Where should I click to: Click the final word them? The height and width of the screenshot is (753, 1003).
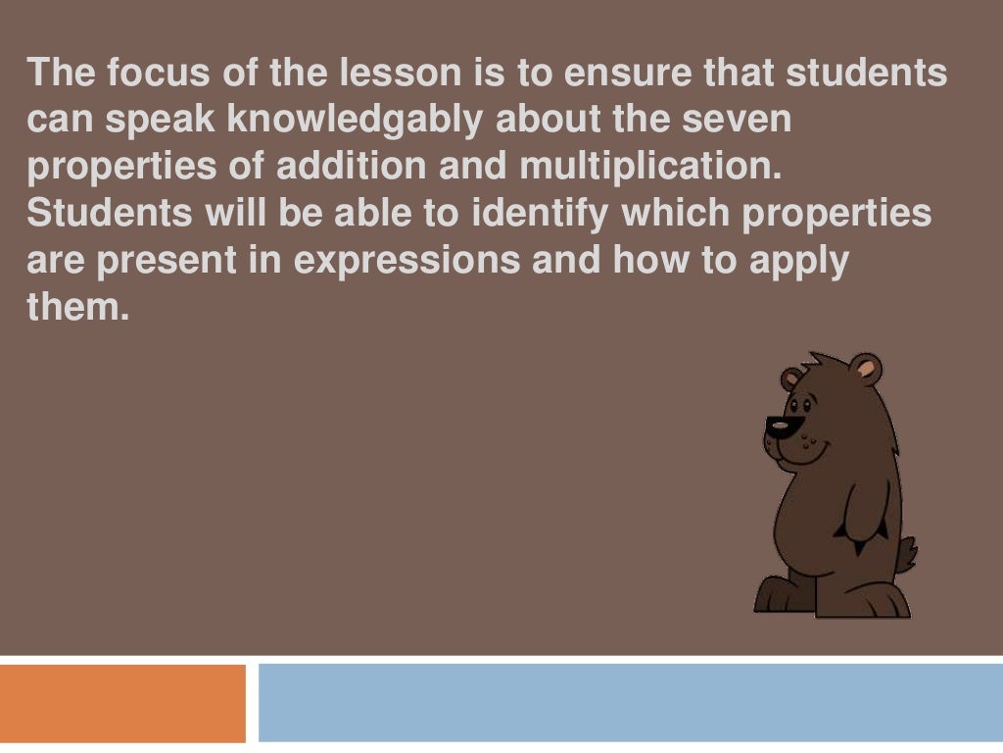click(x=78, y=310)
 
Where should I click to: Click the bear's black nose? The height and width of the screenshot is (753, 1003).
click(x=780, y=427)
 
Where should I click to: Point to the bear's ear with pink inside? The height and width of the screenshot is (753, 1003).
click(x=866, y=370)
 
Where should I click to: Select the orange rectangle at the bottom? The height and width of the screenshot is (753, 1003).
click(x=122, y=703)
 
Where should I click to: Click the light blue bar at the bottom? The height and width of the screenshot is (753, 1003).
click(x=631, y=703)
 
